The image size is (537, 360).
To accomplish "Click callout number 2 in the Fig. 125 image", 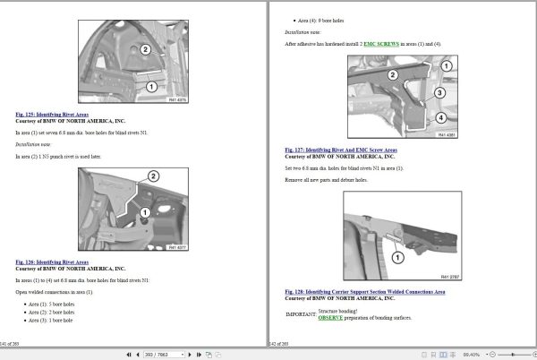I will point(145,49).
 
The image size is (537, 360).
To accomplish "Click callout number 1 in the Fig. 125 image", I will point(151,87).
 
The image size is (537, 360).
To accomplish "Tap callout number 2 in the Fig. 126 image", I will point(153,177).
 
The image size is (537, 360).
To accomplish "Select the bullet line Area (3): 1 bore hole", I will point(51,319).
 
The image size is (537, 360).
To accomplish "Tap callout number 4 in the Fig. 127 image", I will point(440,117).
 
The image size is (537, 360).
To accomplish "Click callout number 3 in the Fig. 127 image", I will point(439,92).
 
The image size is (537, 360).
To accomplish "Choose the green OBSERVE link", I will point(330,317).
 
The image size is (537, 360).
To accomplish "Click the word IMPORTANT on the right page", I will point(300,314).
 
